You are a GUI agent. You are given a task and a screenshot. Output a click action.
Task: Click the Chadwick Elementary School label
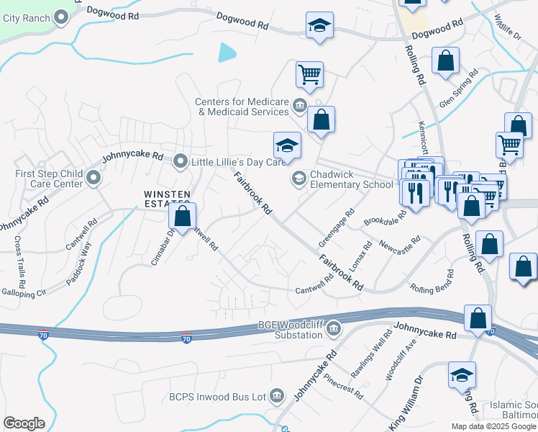click(x=352, y=179)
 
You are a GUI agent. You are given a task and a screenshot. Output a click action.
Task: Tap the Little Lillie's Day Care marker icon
click(x=180, y=162)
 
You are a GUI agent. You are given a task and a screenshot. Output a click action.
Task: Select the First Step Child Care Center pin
click(x=92, y=178)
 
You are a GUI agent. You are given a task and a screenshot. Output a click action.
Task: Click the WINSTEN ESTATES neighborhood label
click(x=167, y=199)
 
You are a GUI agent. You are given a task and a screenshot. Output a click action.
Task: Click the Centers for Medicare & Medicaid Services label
click(x=242, y=107)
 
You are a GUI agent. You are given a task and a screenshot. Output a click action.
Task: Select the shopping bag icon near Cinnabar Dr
click(x=183, y=215)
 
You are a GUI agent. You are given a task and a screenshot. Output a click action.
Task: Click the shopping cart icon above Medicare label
click(x=309, y=73)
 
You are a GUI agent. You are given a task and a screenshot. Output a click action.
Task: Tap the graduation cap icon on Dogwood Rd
click(x=319, y=26)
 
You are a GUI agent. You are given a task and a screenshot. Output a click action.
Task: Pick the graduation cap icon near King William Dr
click(x=462, y=374)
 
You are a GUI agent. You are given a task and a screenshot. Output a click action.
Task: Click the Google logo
click(x=24, y=423)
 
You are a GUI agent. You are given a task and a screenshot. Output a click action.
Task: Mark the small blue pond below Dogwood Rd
click(x=227, y=52)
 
